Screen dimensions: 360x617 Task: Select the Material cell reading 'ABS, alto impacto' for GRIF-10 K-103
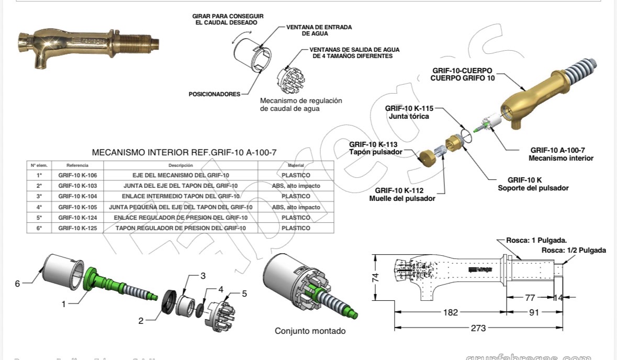pyautogui.click(x=296, y=186)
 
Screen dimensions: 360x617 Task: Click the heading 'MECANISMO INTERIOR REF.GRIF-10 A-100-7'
pyautogui.click(x=184, y=153)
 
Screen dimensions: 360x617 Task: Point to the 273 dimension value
pyautogui.click(x=478, y=328)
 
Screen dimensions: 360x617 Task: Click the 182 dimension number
pyautogui.click(x=450, y=312)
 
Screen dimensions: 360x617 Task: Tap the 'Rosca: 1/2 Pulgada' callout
pyautogui.click(x=574, y=250)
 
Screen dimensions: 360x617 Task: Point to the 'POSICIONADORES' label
pyautogui.click(x=214, y=94)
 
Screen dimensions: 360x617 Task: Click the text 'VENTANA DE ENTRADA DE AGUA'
pyautogui.click(x=319, y=30)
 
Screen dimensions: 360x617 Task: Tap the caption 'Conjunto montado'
pyautogui.click(x=310, y=331)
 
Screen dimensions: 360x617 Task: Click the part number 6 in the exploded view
pyautogui.click(x=17, y=283)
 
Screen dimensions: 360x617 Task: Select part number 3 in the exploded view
pyautogui.click(x=203, y=276)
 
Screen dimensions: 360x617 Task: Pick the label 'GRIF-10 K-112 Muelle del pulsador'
pyautogui.click(x=402, y=194)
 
